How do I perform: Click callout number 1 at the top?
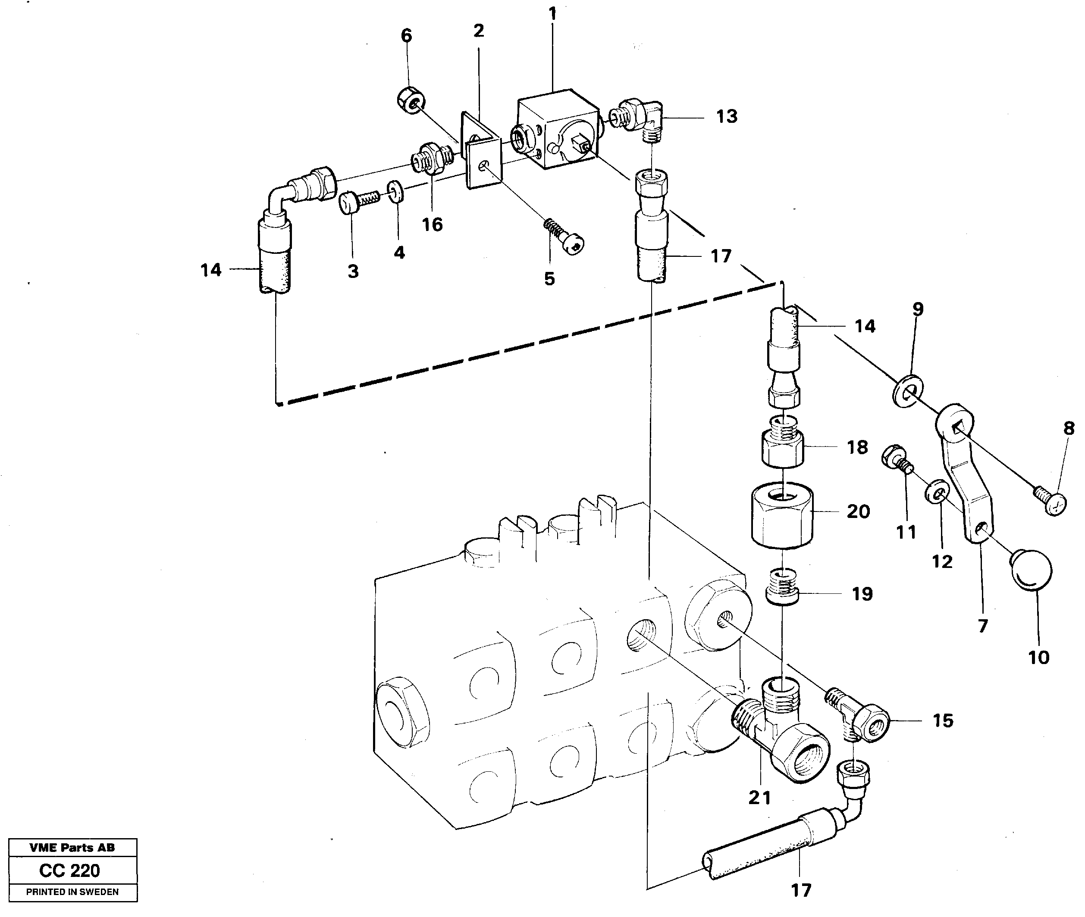point(552,14)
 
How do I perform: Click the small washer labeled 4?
point(396,191)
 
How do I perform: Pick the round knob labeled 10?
point(1030,570)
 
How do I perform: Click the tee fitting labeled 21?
point(780,728)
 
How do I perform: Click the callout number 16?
point(432,225)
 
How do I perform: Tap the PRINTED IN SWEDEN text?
point(72,892)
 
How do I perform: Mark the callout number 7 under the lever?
point(982,626)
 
